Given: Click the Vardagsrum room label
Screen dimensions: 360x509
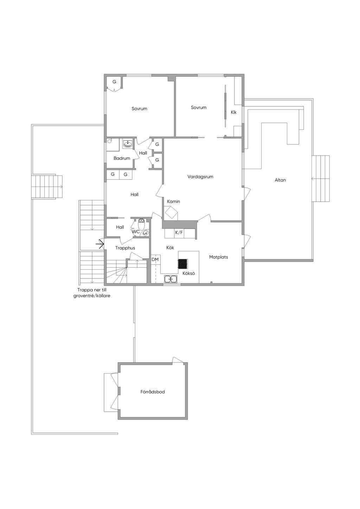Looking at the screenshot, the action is point(200,177).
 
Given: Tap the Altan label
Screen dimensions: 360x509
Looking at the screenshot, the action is point(280,180).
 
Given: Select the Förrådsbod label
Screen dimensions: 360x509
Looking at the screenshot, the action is point(152,392).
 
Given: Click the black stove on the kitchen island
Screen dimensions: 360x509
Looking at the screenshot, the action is point(183,264).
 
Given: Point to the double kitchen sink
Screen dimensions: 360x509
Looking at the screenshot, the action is point(171,279).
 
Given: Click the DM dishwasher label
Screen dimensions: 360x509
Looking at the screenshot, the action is point(155,259).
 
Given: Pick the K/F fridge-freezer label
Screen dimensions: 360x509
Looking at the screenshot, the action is point(179,233).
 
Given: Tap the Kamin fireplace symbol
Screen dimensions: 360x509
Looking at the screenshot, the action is point(171,212).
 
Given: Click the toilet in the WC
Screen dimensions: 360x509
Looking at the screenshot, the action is point(141,224).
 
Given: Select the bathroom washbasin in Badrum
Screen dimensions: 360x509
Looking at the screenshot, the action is point(128,144).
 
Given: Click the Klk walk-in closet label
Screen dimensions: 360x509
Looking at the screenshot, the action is point(233,112).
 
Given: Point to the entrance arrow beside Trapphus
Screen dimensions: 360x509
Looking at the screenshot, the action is point(100,244).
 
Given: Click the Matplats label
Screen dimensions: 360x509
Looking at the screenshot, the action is point(218,257).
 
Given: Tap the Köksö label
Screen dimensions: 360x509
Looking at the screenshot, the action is point(188,273).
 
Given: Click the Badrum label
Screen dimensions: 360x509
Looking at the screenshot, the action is point(122,158).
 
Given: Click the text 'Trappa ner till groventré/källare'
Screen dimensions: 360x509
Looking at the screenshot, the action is point(92,293).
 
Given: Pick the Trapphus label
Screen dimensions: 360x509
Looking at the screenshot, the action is point(125,248).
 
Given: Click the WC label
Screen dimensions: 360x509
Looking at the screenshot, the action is point(136,232).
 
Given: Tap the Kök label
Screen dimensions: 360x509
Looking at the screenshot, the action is point(170,247).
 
